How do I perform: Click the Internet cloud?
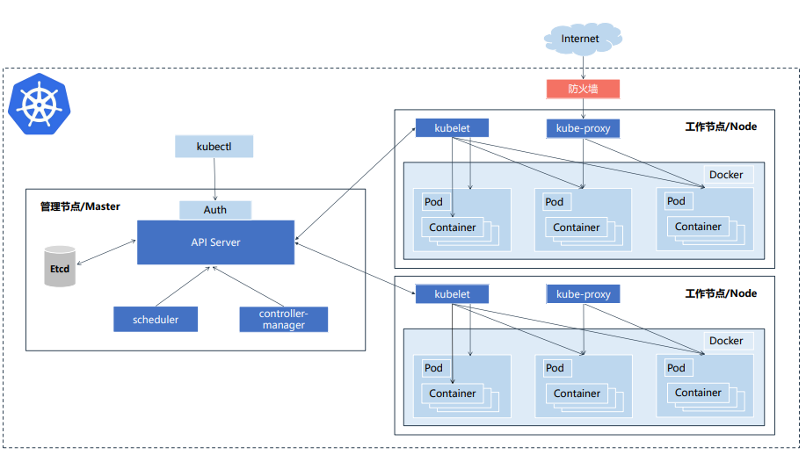[x=583, y=39]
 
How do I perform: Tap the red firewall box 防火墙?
[x=583, y=89]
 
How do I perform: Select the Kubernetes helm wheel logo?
[x=39, y=105]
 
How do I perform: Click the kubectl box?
[x=214, y=147]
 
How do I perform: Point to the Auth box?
[x=214, y=210]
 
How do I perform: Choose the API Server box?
[x=215, y=242]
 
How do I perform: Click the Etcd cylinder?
[x=60, y=266]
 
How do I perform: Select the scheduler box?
[x=156, y=320]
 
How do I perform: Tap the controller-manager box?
[x=283, y=320]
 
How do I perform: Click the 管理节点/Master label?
[x=80, y=206]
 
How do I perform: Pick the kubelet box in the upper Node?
[x=452, y=128]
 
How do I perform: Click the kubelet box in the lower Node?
[x=452, y=294]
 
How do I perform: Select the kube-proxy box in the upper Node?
[x=583, y=128]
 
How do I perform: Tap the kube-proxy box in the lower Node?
[x=583, y=294]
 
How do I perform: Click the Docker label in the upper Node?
[x=726, y=175]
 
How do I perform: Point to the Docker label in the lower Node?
[x=726, y=341]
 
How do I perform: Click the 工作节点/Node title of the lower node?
[x=721, y=293]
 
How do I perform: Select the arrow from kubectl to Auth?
[x=214, y=179]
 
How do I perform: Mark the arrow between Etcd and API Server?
[x=106, y=252]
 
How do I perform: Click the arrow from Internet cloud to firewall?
[x=583, y=68]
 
